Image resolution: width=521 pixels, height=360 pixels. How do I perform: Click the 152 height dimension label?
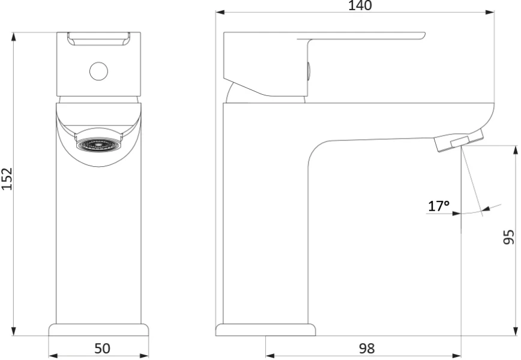(7, 179)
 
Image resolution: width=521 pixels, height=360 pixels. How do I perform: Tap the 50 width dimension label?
(102, 349)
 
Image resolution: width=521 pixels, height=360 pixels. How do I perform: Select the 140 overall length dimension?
(360, 5)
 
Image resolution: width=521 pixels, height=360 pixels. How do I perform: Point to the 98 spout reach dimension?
(367, 349)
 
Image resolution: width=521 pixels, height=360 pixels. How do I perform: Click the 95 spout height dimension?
(509, 237)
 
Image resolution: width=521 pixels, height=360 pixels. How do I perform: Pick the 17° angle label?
(439, 206)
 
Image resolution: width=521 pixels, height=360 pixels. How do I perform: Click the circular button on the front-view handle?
(98, 71)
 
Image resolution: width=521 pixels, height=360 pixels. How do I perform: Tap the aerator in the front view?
(98, 145)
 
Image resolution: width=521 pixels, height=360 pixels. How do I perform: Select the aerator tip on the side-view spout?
(459, 140)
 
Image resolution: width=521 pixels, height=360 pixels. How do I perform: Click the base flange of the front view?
(98, 330)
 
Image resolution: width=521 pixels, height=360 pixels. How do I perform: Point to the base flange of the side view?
(265, 330)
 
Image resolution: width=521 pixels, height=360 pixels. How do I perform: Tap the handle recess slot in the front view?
(98, 39)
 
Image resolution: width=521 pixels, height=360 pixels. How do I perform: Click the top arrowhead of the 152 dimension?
(14, 37)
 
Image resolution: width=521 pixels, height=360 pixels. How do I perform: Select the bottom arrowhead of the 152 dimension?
(14, 331)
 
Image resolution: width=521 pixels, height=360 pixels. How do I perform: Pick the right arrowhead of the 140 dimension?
(490, 12)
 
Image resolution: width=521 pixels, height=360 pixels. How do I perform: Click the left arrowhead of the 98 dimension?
(270, 356)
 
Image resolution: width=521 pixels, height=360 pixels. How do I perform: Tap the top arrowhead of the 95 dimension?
(516, 150)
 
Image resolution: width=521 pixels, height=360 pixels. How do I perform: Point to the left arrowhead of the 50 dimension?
(53, 356)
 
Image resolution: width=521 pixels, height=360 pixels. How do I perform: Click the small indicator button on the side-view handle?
(309, 71)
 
